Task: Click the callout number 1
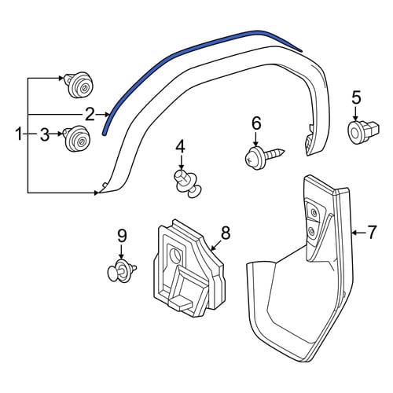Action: (x=19, y=134)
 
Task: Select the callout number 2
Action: (x=90, y=115)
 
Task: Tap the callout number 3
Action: (x=45, y=134)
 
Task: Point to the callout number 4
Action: (x=181, y=147)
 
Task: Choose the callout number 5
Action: (x=356, y=97)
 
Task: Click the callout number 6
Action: (x=256, y=123)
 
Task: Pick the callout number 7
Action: (x=372, y=232)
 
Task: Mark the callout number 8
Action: (x=226, y=233)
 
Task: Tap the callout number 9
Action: (x=122, y=236)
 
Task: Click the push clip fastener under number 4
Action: (x=188, y=183)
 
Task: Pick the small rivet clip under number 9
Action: (x=122, y=270)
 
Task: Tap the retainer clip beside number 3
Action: (x=77, y=138)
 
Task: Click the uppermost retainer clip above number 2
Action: (x=79, y=85)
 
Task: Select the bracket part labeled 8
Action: (x=189, y=269)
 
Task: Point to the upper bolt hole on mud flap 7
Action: (x=313, y=212)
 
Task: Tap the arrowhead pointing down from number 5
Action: (x=355, y=119)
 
